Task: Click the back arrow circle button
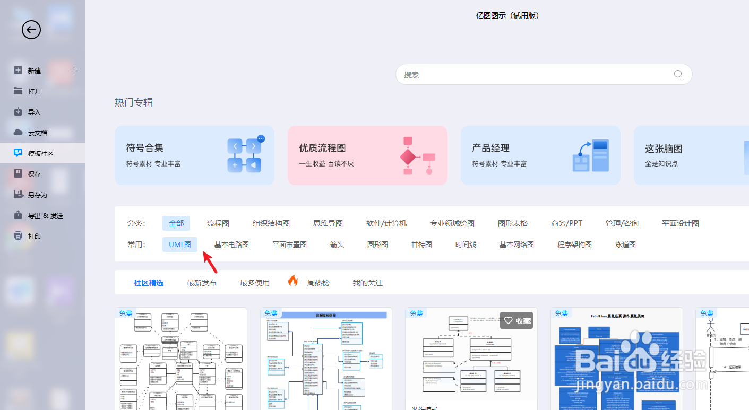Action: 31,30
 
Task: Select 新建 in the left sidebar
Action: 34,71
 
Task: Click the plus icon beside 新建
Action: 74,71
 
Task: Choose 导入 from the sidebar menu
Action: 34,112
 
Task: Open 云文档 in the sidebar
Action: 37,133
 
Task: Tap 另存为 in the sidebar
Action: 37,195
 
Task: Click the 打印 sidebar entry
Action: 34,236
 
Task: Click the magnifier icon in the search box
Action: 678,75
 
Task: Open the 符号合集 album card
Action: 194,155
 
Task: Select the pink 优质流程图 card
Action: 367,155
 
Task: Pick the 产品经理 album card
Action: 540,155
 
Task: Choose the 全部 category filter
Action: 176,223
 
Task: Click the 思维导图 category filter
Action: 328,223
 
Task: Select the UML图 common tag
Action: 180,245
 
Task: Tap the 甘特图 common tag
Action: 421,245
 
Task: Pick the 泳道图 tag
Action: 625,245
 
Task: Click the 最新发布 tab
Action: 202,283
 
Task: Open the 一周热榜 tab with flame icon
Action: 309,283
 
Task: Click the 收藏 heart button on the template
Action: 517,320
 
